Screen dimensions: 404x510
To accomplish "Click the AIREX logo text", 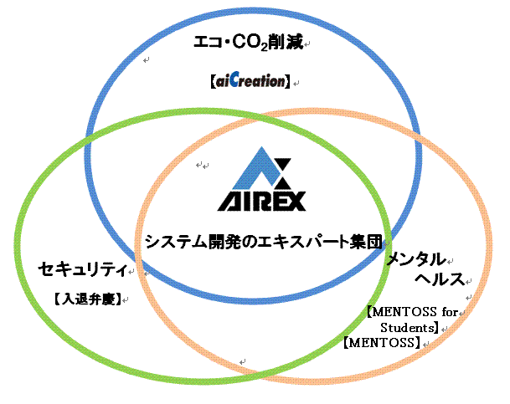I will pos(261,201).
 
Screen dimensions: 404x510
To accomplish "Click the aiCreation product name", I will pos(252,82).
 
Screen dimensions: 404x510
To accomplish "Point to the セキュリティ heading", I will pos(81,269).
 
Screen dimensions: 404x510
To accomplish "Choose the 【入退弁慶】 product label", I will pos(86,298).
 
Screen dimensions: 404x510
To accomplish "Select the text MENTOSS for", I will pos(415,312).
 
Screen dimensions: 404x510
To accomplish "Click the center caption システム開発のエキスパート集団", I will pos(263,242).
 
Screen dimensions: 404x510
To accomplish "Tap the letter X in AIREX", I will pos(294,201).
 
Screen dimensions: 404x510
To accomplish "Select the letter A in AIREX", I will pos(229,201).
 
